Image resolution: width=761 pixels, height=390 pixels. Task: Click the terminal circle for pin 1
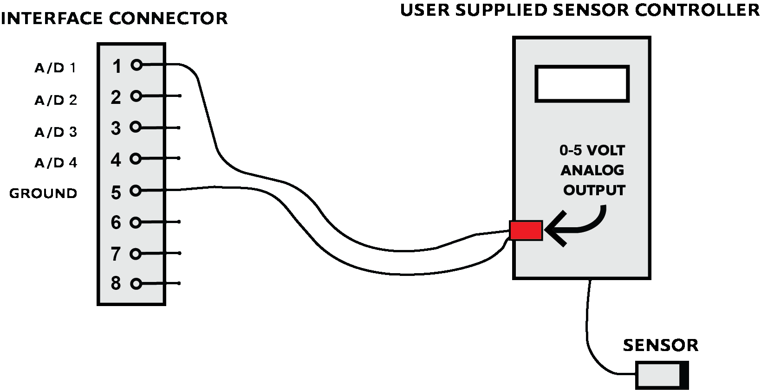(136, 65)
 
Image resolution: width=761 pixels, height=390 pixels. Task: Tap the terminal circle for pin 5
(135, 190)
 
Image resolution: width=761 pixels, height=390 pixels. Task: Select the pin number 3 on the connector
(116, 128)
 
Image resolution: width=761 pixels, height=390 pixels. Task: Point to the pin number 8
(116, 283)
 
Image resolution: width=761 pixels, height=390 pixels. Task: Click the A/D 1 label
(55, 69)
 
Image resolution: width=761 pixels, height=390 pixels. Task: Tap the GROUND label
(43, 193)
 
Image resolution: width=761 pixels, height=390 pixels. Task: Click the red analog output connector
(526, 230)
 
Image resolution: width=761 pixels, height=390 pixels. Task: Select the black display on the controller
(582, 83)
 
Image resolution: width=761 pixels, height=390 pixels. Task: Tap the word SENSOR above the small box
(660, 345)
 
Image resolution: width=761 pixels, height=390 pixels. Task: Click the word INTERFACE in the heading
(52, 19)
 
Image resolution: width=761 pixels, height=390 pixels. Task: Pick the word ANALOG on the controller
(592, 171)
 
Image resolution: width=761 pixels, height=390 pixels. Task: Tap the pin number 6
(116, 223)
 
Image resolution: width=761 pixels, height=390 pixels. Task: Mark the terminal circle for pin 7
(135, 254)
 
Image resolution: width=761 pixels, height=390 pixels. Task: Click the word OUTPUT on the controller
(594, 191)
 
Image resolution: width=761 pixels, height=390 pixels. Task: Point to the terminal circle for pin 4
(135, 159)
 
